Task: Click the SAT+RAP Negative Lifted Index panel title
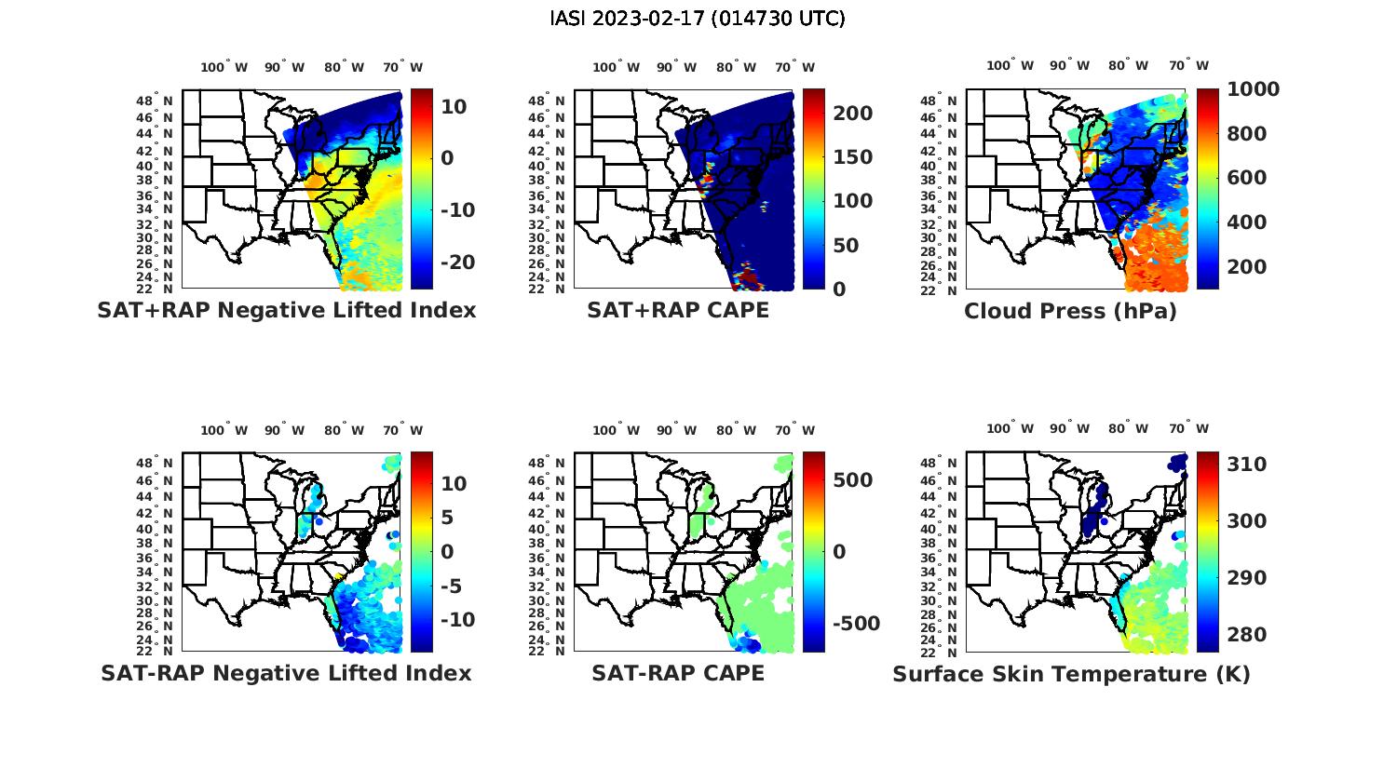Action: tap(286, 311)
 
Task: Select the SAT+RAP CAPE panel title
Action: tap(678, 311)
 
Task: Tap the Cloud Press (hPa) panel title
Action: tap(1070, 311)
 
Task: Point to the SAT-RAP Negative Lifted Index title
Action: tap(286, 673)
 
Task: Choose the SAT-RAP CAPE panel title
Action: tap(678, 673)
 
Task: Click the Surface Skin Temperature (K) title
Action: tap(1071, 674)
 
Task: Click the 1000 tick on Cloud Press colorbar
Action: tap(1253, 89)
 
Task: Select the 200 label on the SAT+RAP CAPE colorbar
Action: tap(852, 114)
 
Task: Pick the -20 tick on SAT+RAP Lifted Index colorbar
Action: tap(455, 263)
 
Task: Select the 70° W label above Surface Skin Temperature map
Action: tap(1189, 429)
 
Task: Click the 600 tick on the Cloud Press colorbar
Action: tap(1246, 178)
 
